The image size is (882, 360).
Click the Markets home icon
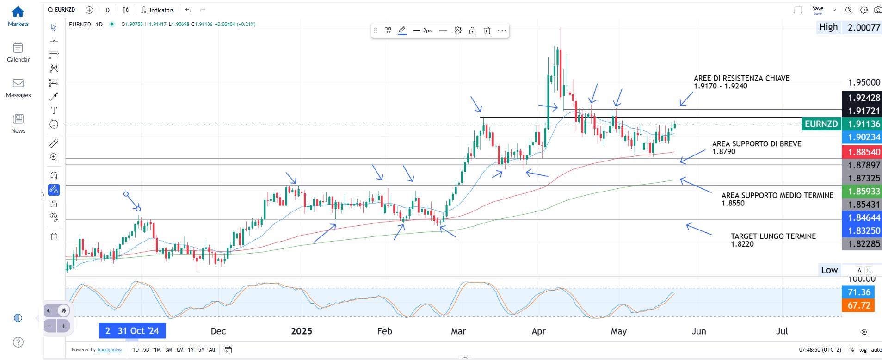click(x=18, y=12)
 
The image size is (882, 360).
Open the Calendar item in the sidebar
click(x=18, y=48)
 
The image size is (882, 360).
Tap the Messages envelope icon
click(x=18, y=83)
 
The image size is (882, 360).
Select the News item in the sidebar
click(x=18, y=119)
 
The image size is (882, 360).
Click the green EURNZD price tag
click(x=821, y=124)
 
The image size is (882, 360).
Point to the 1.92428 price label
click(x=863, y=98)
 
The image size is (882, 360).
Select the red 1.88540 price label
click(x=863, y=152)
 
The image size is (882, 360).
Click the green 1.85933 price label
click(x=863, y=192)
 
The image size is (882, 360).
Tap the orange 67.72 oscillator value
click(x=858, y=305)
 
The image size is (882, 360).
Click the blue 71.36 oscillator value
click(x=858, y=292)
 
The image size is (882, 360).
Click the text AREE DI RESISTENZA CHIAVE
click(x=741, y=79)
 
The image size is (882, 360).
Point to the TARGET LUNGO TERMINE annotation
click(x=773, y=236)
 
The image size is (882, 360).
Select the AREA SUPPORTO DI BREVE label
click(x=756, y=144)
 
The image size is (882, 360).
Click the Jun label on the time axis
click(x=698, y=331)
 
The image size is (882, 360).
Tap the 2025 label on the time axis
click(x=301, y=331)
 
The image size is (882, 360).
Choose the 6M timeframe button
click(x=180, y=350)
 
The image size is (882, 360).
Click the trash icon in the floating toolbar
click(x=487, y=31)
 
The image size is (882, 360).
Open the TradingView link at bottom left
click(x=109, y=350)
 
